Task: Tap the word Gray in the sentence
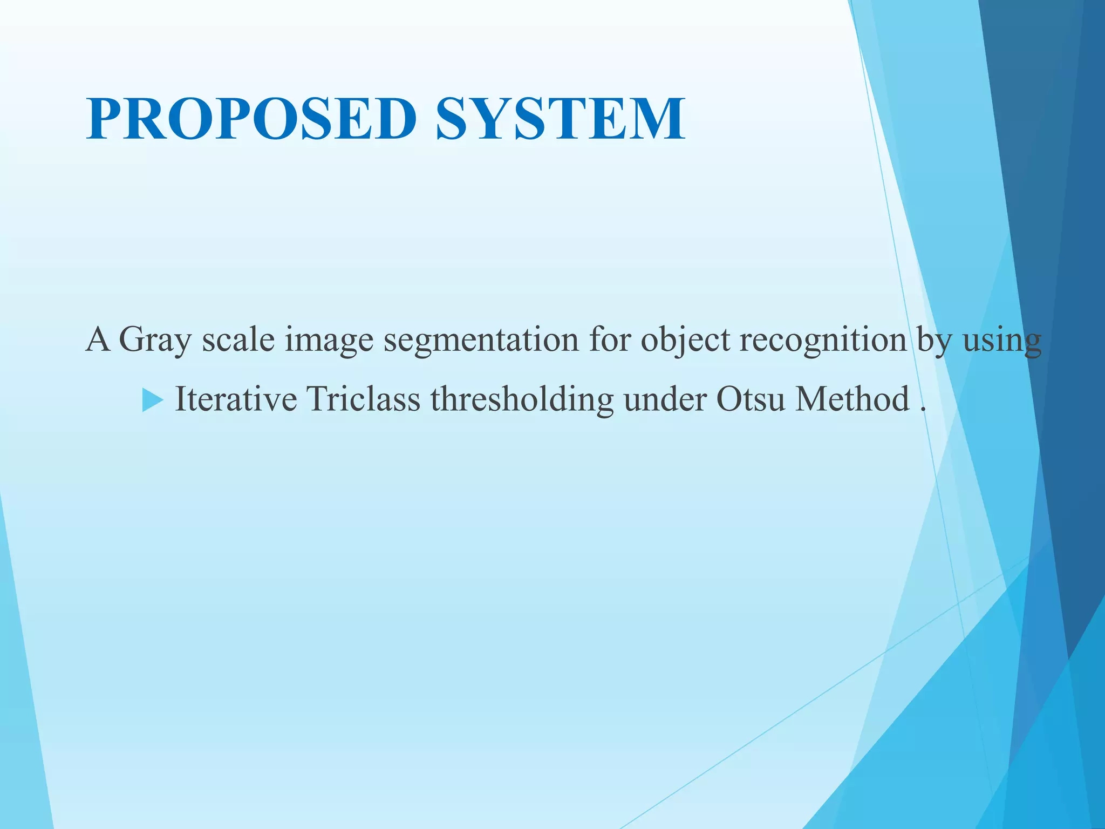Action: [x=155, y=340]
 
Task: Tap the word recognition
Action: [x=823, y=340]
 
